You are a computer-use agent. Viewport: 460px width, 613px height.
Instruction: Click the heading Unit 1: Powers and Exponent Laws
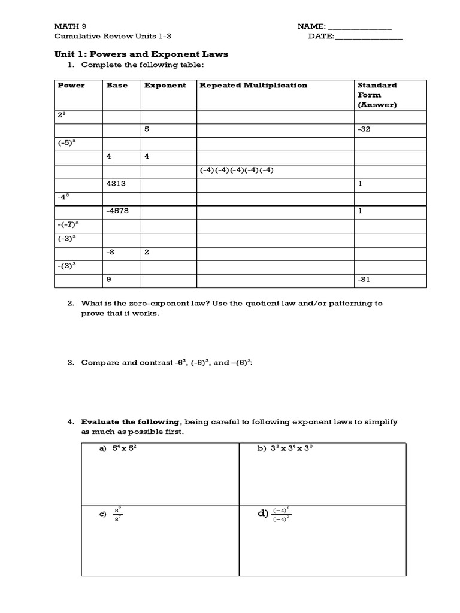pyautogui.click(x=142, y=54)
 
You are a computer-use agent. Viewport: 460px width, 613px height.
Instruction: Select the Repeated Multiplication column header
pyautogui.click(x=253, y=85)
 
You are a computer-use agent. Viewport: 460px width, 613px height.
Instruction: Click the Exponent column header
pyautogui.click(x=165, y=85)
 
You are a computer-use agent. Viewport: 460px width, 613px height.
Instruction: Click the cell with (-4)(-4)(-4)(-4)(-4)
pyautogui.click(x=237, y=170)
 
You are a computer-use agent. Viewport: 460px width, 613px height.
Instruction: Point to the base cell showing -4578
pyautogui.click(x=117, y=211)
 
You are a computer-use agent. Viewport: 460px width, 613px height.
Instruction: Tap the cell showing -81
pyautogui.click(x=364, y=280)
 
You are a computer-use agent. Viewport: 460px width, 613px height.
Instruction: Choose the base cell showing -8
pyautogui.click(x=111, y=252)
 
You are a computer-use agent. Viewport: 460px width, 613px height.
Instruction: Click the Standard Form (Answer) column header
pyautogui.click(x=377, y=95)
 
